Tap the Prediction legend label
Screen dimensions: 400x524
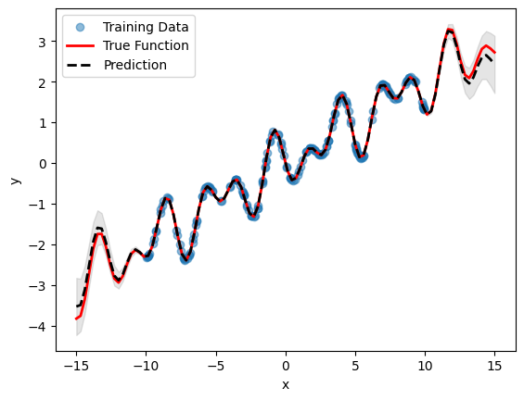tap(134, 65)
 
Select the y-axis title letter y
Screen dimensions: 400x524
tap(14, 181)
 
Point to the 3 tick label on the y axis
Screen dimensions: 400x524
tap(44, 42)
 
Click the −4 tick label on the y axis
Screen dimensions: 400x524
tap(40, 327)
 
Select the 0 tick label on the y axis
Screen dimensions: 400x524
tap(44, 164)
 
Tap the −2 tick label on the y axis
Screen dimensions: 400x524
tap(40, 245)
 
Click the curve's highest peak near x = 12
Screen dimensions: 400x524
tap(450, 30)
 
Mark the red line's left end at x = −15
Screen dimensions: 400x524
tap(76, 319)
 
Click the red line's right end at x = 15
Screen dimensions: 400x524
tap(496, 53)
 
